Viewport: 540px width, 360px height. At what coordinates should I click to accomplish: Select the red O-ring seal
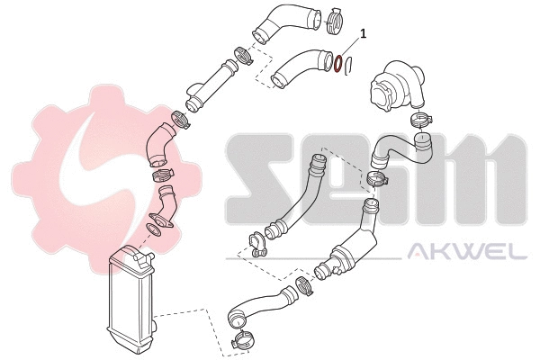point(337,65)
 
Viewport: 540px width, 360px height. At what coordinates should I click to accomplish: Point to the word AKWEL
point(467,251)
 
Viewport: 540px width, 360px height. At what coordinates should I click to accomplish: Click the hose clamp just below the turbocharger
point(420,120)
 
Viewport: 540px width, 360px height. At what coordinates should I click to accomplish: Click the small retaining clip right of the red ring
point(352,66)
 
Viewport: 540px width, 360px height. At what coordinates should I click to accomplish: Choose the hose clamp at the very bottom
point(243,341)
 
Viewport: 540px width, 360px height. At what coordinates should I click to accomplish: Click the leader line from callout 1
point(351,47)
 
